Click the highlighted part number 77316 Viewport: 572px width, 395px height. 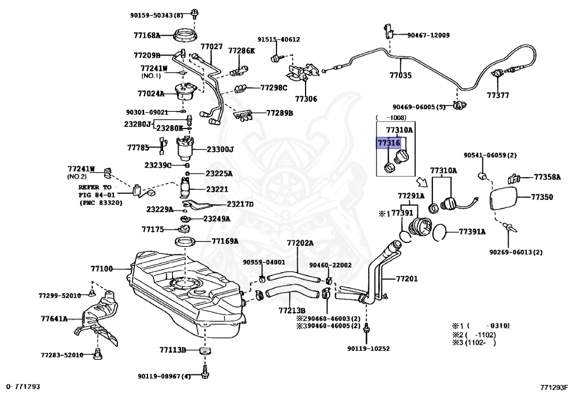click(389, 143)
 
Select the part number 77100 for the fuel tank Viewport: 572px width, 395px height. click(102, 269)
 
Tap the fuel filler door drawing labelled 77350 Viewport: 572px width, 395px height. click(504, 198)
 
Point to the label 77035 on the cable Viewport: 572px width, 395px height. click(400, 75)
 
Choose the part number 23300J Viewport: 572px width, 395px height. click(220, 149)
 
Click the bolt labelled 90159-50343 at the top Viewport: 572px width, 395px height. click(194, 14)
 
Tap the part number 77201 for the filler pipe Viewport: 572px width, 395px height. click(407, 279)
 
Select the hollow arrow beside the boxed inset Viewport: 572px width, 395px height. click(422, 182)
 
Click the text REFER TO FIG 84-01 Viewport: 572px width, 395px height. click(95, 191)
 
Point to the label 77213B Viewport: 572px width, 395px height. click(292, 311)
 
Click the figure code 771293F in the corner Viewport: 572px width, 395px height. click(554, 387)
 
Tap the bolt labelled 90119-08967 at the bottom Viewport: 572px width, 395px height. click(204, 373)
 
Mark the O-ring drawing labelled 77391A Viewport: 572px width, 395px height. click(440, 232)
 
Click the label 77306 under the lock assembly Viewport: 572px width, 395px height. click(306, 99)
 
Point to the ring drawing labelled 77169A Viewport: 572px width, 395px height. click(185, 241)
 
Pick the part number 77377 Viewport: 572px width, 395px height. click(498, 95)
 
